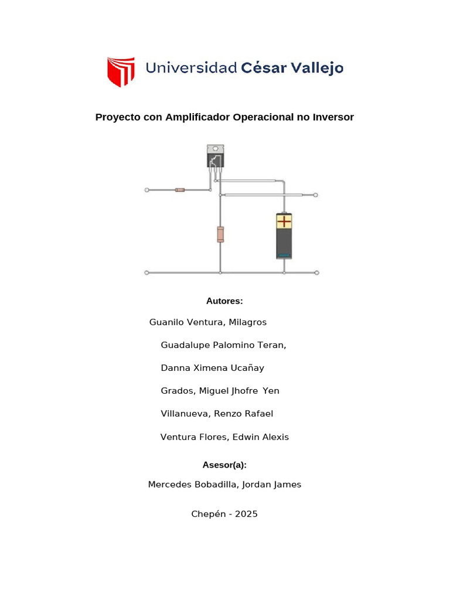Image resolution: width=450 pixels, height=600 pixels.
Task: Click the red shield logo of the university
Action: click(x=121, y=71)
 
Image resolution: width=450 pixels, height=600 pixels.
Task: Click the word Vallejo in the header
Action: click(x=318, y=68)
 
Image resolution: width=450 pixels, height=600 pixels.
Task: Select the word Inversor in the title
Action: click(x=333, y=117)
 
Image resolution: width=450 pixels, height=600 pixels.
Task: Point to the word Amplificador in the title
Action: click(x=197, y=117)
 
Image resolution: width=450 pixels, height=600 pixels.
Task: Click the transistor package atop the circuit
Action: click(x=215, y=156)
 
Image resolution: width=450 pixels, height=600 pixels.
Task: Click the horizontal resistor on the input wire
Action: click(x=180, y=190)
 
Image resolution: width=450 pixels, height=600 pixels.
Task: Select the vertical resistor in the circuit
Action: click(x=220, y=233)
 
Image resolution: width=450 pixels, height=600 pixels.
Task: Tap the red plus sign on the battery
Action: click(x=284, y=221)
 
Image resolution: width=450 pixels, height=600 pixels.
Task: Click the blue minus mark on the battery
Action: click(x=284, y=255)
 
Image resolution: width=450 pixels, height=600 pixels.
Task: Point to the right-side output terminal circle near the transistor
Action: click(x=316, y=195)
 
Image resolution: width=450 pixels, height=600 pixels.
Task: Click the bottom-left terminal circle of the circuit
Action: click(x=146, y=272)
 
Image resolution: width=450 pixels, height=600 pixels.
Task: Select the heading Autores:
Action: click(x=224, y=301)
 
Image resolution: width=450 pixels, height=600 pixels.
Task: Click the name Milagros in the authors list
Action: click(x=248, y=322)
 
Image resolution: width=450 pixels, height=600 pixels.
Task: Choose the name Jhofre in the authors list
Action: click(x=243, y=391)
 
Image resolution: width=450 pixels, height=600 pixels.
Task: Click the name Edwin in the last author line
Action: click(x=246, y=437)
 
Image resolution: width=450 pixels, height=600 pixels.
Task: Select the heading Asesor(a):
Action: click(x=224, y=465)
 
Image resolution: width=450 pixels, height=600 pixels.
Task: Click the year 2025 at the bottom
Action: click(x=246, y=514)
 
